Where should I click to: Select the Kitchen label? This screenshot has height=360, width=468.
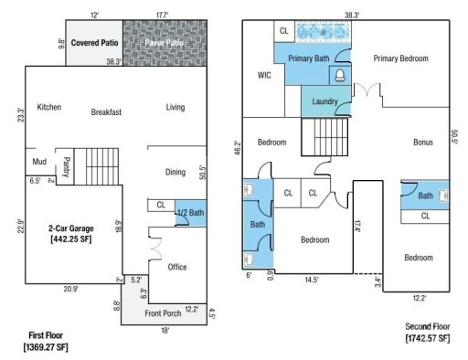[x=48, y=107]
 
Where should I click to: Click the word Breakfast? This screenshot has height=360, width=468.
[x=106, y=111]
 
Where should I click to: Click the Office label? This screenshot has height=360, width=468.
[x=176, y=267]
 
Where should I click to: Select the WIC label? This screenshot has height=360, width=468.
[x=265, y=75]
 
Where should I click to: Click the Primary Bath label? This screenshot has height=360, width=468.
[x=309, y=58]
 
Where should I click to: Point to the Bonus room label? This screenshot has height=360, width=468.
[x=422, y=142]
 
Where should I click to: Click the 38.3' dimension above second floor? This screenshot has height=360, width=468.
[x=350, y=16]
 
